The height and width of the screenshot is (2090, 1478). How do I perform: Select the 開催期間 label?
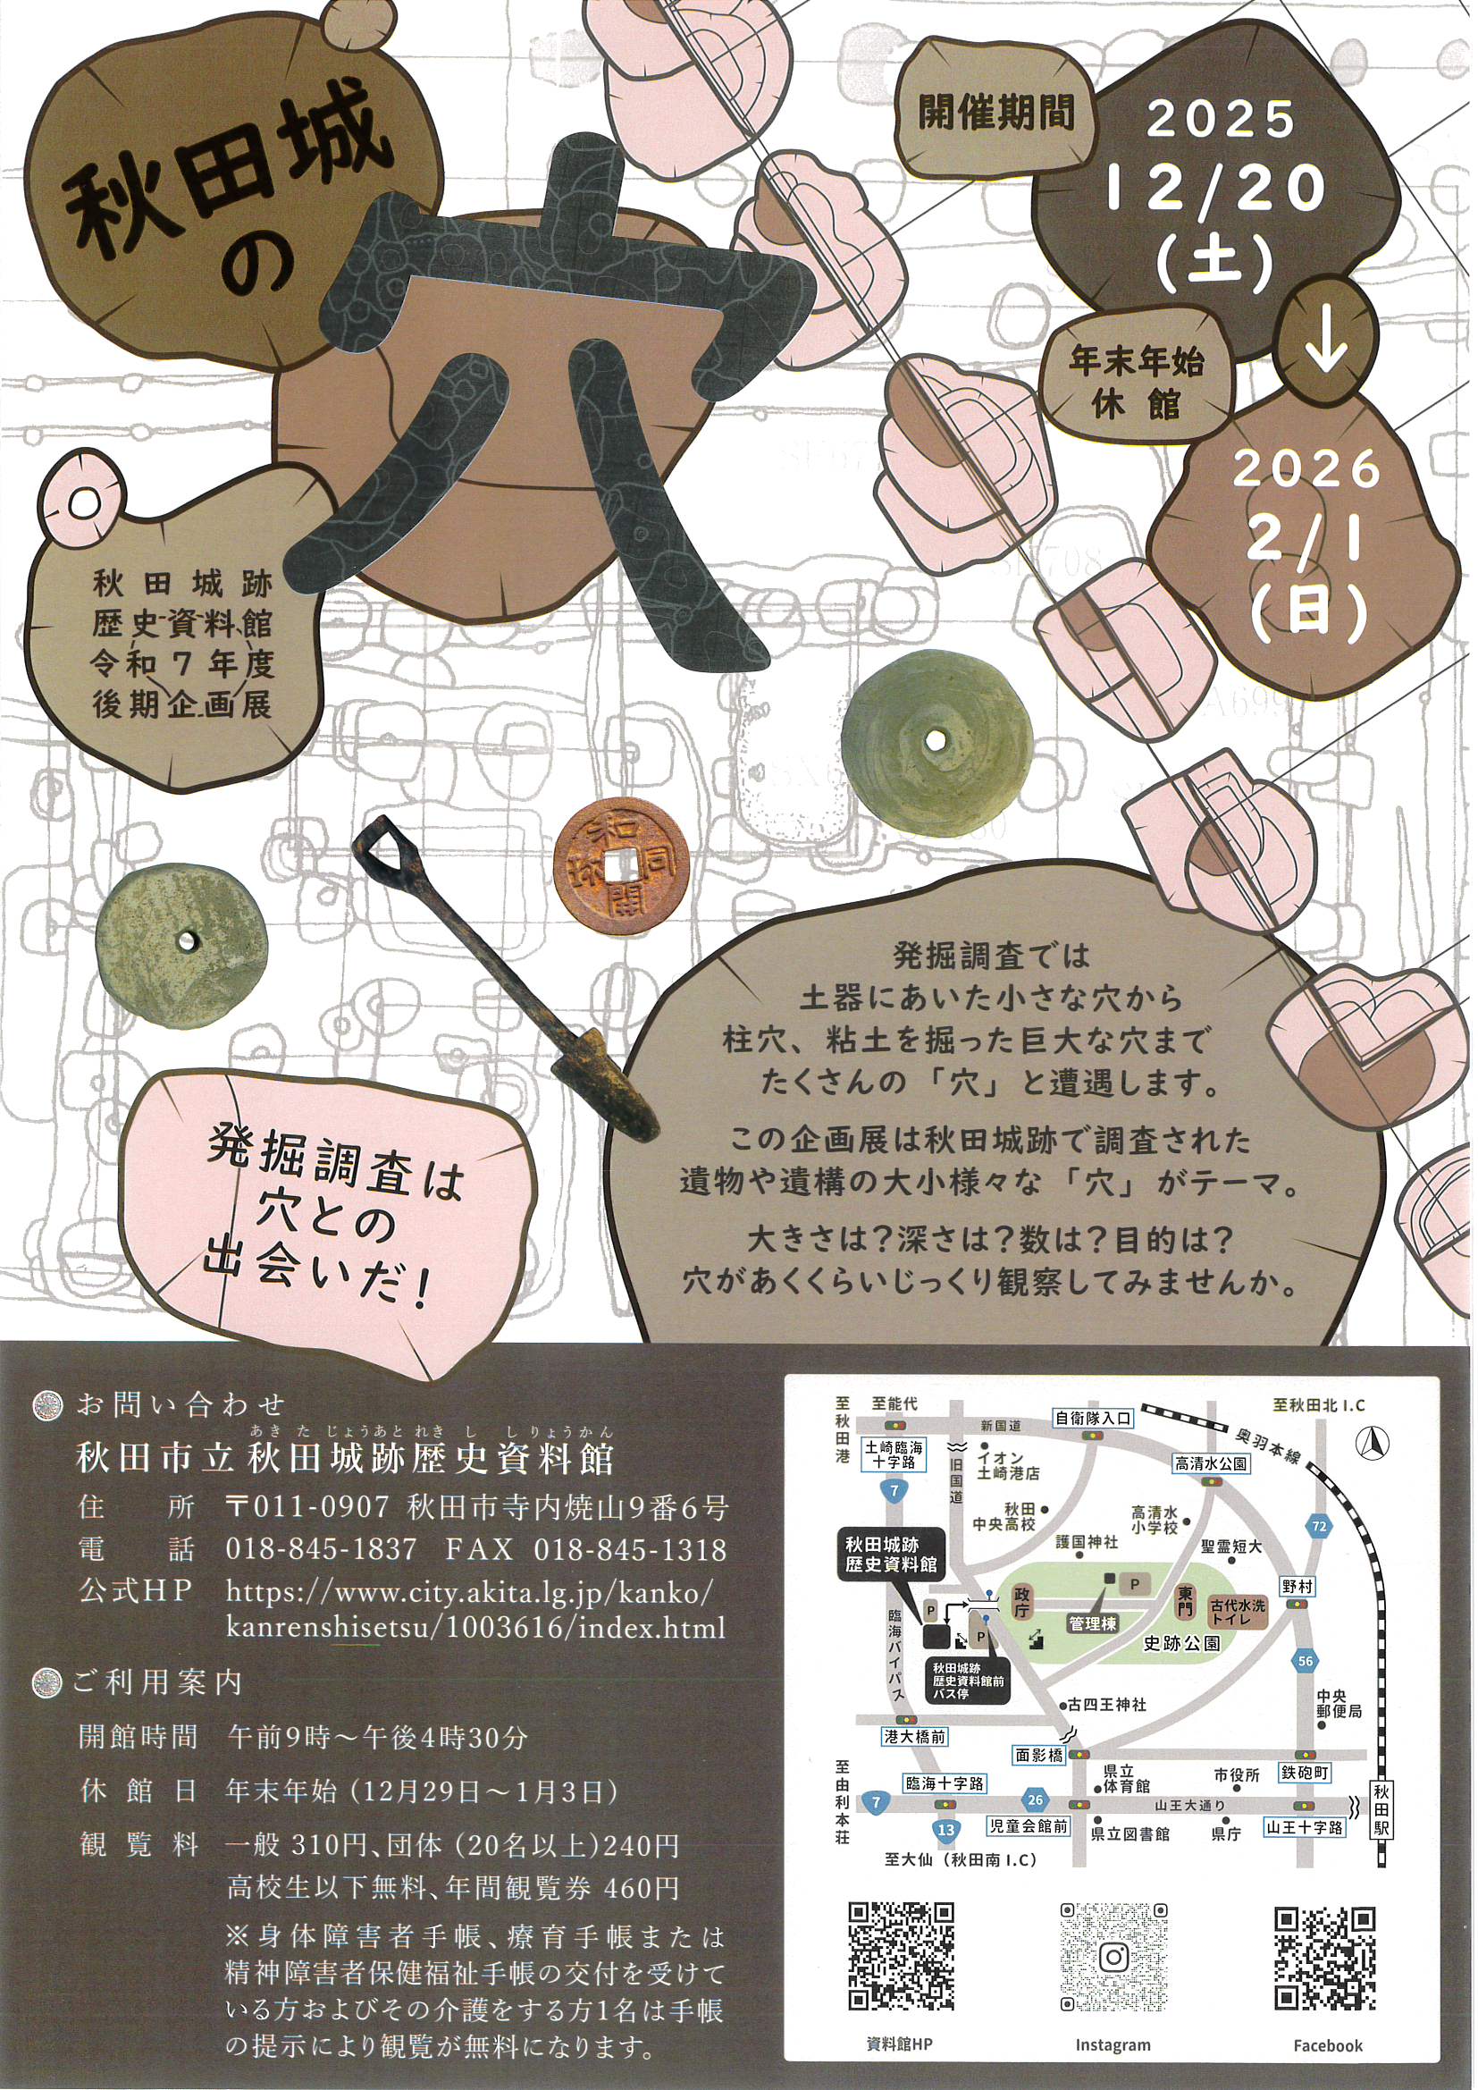point(995,113)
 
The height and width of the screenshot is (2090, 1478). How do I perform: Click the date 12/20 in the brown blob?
point(1217,187)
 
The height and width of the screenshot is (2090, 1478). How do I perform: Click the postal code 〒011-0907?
point(307,1506)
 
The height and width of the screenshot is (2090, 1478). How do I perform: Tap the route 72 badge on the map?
point(1319,1525)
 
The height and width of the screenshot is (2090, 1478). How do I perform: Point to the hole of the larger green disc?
point(936,738)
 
